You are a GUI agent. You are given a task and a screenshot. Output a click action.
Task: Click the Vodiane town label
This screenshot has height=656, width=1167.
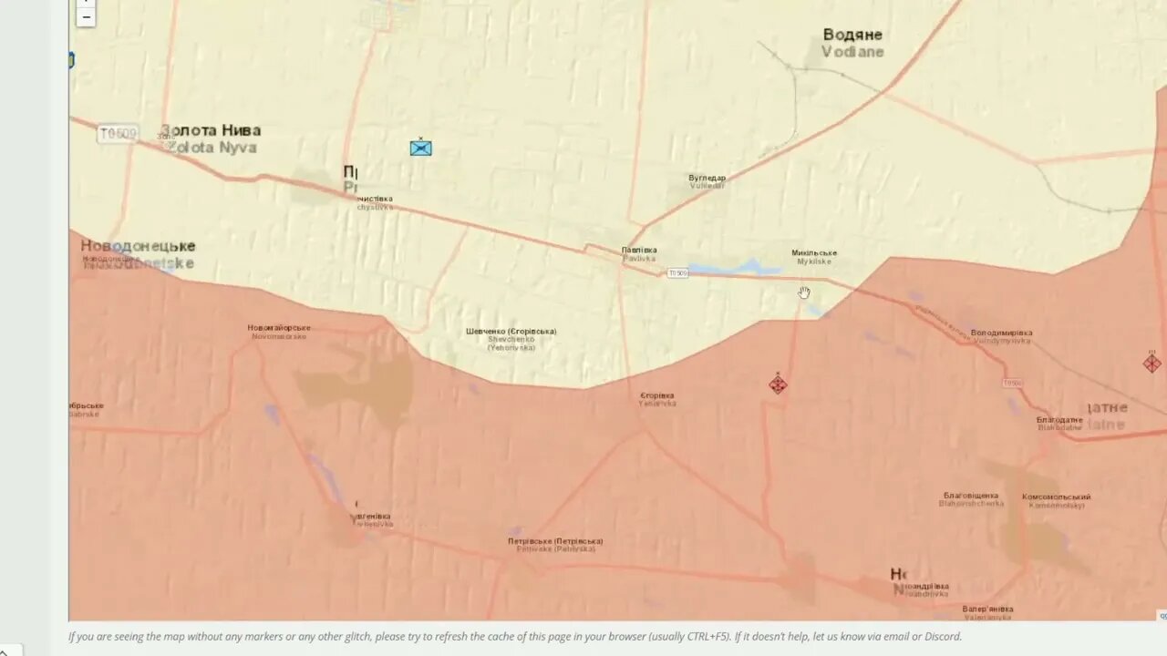(x=852, y=43)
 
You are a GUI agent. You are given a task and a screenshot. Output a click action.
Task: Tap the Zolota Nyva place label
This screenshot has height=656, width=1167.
(x=211, y=138)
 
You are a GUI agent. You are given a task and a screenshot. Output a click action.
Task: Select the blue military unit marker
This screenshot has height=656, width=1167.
(x=420, y=148)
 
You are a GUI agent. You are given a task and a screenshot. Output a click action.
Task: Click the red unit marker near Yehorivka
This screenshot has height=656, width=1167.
(x=778, y=384)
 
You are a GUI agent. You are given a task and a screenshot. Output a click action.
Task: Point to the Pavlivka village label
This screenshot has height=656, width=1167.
(x=639, y=254)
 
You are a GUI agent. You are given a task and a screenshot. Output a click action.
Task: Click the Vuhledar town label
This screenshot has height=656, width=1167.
(x=707, y=181)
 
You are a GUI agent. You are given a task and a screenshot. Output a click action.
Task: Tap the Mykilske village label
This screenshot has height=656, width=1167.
(x=814, y=257)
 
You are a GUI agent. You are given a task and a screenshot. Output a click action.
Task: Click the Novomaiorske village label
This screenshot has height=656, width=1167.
(x=279, y=332)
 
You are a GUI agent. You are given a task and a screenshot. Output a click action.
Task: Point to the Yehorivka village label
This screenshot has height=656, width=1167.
(x=657, y=399)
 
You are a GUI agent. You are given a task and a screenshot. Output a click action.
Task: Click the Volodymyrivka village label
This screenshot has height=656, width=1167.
(x=1001, y=336)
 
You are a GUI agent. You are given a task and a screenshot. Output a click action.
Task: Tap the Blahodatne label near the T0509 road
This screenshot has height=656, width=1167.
(x=1059, y=423)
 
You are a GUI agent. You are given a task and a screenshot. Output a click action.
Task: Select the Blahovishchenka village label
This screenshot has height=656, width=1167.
(x=971, y=499)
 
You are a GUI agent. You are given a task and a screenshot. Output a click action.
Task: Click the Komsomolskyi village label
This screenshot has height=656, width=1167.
(x=1056, y=500)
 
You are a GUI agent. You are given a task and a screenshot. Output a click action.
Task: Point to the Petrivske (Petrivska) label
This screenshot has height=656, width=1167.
(x=555, y=545)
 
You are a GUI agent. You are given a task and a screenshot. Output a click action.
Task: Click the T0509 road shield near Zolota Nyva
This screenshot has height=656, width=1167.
(x=118, y=134)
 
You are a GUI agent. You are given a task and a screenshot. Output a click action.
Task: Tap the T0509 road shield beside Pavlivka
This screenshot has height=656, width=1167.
(x=677, y=273)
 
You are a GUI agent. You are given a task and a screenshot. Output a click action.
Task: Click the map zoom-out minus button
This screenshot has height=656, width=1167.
(x=86, y=17)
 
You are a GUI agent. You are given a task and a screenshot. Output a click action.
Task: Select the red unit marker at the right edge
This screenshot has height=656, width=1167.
(x=1152, y=364)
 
